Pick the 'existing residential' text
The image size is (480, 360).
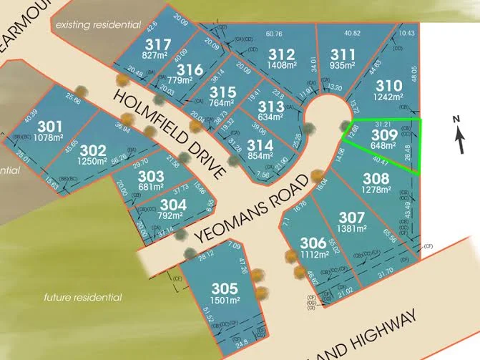click(97, 24)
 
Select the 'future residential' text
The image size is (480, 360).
click(82, 297)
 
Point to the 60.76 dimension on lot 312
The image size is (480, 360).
click(274, 33)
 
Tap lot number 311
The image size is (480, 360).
click(343, 53)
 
